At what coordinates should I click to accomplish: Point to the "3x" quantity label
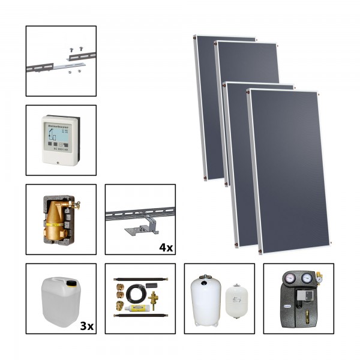[86, 325]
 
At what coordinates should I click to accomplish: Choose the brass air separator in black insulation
[58, 219]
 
